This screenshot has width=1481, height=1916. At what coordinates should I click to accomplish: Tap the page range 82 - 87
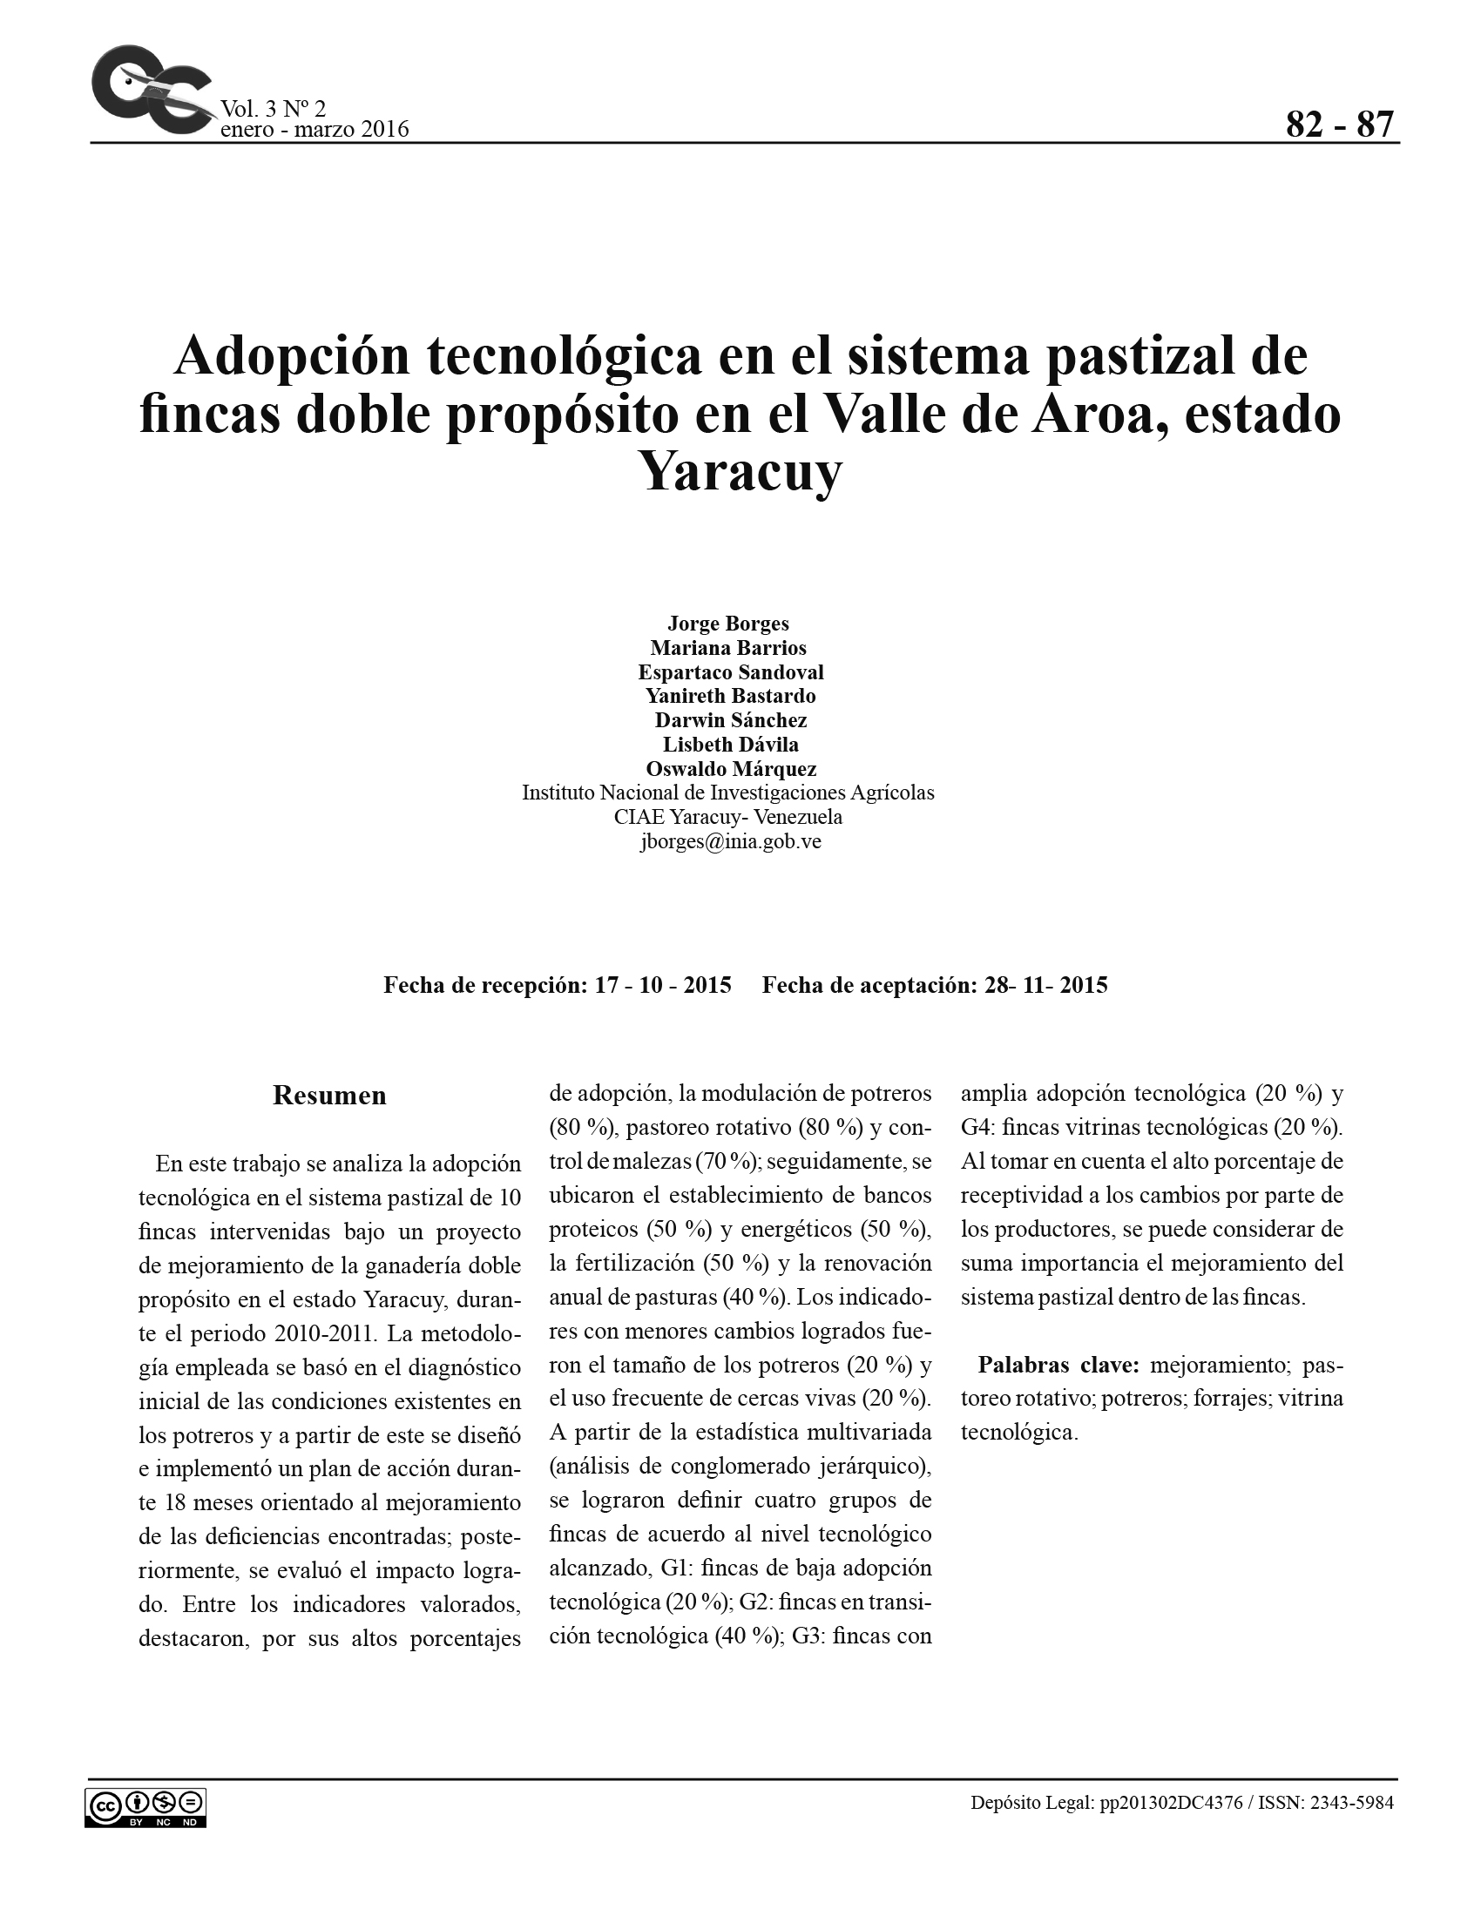coord(1339,125)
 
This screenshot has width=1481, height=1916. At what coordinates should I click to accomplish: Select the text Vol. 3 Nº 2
coord(273,109)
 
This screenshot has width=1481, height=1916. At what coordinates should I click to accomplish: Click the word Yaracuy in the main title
coord(741,471)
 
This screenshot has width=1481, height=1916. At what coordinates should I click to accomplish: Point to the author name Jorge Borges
coord(728,624)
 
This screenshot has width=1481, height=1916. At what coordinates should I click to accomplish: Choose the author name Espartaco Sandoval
coord(730,672)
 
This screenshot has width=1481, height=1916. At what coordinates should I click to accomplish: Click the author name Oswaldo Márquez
coord(731,768)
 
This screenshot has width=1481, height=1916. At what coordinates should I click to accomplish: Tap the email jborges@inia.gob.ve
coord(730,841)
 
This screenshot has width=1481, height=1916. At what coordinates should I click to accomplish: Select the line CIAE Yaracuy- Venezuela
coord(728,817)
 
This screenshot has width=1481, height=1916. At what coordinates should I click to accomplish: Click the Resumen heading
coord(329,1095)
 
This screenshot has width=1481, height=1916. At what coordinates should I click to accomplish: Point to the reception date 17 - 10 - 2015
coord(663,985)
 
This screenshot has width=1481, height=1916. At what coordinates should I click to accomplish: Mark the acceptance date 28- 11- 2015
coord(1045,985)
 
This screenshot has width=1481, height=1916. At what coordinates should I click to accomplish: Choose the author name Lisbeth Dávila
coord(730,745)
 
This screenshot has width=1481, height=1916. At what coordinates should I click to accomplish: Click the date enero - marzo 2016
coord(314,130)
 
